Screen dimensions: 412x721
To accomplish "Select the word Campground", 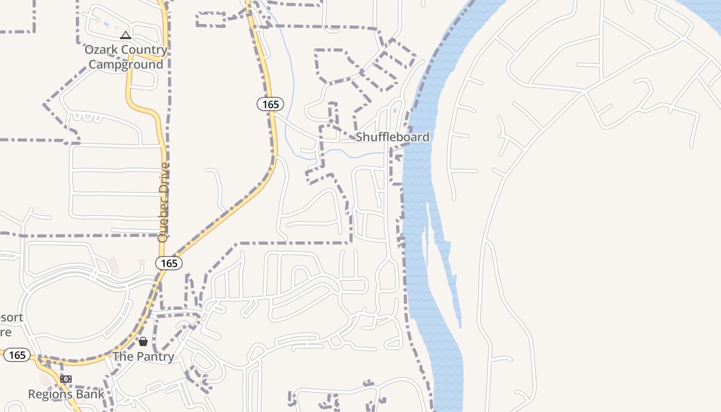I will (x=126, y=64).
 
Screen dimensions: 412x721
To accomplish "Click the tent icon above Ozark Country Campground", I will (x=125, y=36).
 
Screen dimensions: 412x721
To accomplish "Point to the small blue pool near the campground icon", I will (x=106, y=24).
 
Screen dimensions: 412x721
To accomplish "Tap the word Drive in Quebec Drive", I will (x=164, y=178).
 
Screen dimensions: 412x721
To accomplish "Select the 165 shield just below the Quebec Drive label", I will (x=169, y=264).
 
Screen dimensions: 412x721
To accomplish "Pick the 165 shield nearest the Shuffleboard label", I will (x=270, y=105).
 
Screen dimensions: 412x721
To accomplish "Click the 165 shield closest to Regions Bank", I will (x=17, y=355).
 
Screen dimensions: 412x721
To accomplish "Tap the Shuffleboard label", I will (x=392, y=137).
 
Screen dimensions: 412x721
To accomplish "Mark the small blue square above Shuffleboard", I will (x=395, y=110).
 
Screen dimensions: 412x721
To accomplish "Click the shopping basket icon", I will (x=143, y=341).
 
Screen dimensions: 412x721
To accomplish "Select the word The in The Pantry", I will (x=123, y=356).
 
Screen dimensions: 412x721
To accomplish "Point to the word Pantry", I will (x=155, y=356).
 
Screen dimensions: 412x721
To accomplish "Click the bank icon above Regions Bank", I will (x=65, y=379).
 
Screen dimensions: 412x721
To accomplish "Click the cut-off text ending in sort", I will (x=11, y=317).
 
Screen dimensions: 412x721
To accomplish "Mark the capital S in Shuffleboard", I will (x=360, y=137).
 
